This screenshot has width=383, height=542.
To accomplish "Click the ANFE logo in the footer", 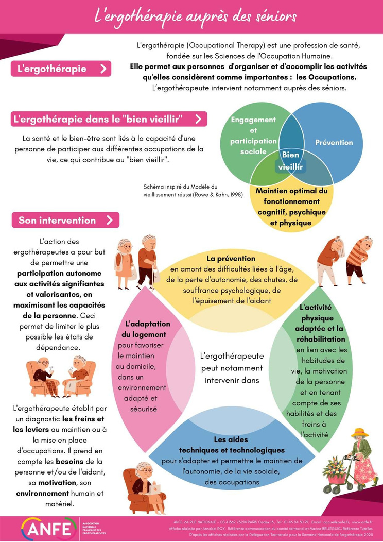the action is tap(49, 529).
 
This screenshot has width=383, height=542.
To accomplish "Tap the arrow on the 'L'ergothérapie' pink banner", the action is tap(103, 69).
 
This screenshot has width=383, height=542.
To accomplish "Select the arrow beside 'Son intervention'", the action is tap(110, 220).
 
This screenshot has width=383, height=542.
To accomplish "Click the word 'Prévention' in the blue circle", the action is tap(334, 142).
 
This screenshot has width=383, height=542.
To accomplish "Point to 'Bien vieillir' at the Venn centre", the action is tap(290, 161).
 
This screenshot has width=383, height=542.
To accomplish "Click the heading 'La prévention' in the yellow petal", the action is tap(231, 259).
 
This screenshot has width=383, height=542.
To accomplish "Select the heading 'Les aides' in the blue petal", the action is tap(231, 439).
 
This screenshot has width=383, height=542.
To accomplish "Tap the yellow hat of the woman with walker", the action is tap(359, 432).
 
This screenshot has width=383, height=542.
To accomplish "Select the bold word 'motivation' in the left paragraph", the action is tap(57, 483).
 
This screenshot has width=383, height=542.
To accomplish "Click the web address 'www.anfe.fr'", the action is tap(362, 522).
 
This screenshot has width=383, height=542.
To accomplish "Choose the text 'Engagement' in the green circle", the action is tap(253, 120).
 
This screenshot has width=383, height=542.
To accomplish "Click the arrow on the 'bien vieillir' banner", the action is tap(198, 119).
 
